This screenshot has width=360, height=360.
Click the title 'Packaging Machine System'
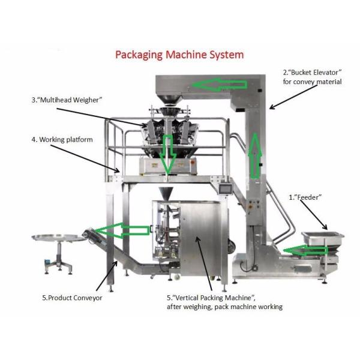[179, 55]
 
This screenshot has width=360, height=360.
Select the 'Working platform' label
[62, 139]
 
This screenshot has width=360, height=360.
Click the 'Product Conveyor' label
[72, 298]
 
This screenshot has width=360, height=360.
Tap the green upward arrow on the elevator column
[256, 155]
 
